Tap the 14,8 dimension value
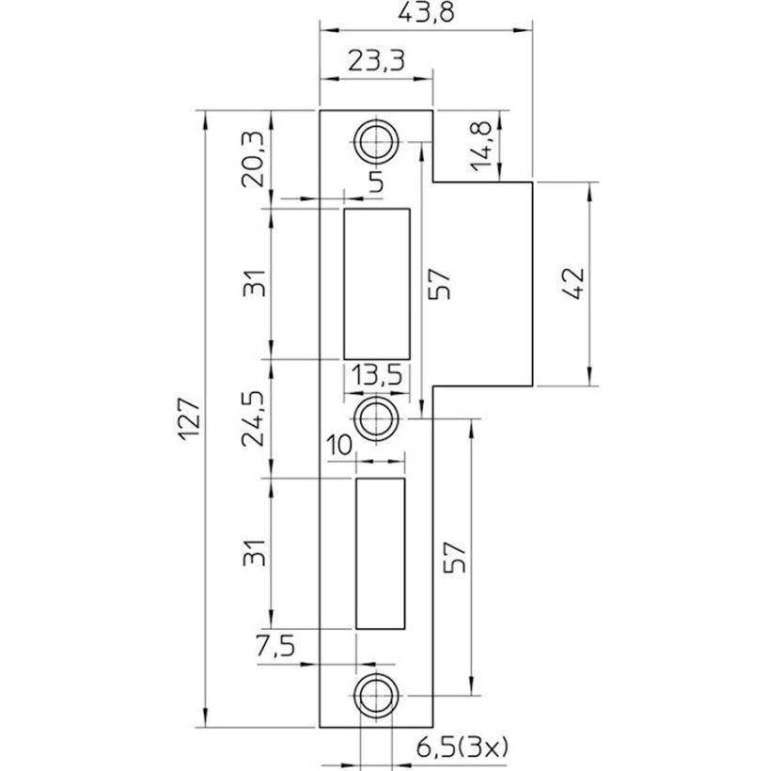pos(483,145)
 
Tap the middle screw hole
pos(377,415)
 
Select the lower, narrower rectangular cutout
pos(380,553)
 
